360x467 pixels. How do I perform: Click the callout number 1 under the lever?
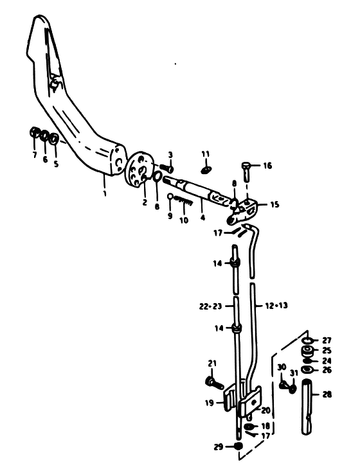(105, 193)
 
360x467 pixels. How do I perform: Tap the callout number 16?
(267, 165)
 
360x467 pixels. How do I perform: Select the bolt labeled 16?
(246, 171)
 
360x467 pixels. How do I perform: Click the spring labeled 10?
(184, 200)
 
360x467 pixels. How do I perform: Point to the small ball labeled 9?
(170, 196)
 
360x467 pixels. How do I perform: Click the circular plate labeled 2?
(139, 168)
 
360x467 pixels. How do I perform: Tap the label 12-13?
(276, 306)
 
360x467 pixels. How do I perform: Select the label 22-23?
(210, 306)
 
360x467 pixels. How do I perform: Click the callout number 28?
(327, 394)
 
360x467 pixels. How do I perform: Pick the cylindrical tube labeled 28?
(307, 407)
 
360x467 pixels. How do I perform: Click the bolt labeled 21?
(214, 383)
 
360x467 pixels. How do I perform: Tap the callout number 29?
(218, 446)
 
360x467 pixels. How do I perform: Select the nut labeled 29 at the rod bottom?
(238, 446)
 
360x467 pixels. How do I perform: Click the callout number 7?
(35, 155)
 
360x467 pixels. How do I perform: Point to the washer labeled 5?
(54, 139)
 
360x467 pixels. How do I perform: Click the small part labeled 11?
(206, 170)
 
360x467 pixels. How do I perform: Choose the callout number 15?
(274, 205)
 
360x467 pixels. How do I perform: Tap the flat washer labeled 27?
(307, 340)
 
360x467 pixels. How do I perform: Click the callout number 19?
(209, 403)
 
